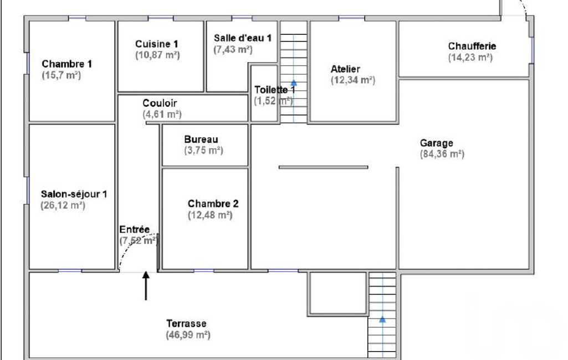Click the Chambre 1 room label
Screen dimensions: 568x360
(x=66, y=64)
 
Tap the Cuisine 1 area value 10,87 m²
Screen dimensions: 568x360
(x=157, y=55)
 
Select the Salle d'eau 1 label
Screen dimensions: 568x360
(x=242, y=38)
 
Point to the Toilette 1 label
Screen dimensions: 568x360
(x=275, y=90)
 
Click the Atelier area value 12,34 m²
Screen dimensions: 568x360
(x=353, y=80)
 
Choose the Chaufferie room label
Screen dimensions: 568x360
(x=472, y=47)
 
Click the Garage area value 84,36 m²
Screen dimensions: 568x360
(x=442, y=154)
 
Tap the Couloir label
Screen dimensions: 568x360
(x=160, y=103)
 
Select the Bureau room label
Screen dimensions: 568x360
(x=201, y=140)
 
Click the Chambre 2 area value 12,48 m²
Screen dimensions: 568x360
(x=210, y=215)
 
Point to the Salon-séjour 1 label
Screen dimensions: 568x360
(x=74, y=194)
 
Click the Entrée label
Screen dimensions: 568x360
(x=135, y=230)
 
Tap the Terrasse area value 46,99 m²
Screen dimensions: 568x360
(x=188, y=335)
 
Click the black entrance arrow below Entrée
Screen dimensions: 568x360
(x=146, y=286)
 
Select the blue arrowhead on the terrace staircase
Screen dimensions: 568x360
(x=382, y=319)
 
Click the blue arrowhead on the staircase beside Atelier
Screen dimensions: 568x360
(x=293, y=83)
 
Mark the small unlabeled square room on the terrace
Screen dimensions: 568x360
(x=337, y=294)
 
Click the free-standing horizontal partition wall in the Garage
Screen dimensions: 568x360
(x=324, y=167)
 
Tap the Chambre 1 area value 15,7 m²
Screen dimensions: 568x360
(x=61, y=75)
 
